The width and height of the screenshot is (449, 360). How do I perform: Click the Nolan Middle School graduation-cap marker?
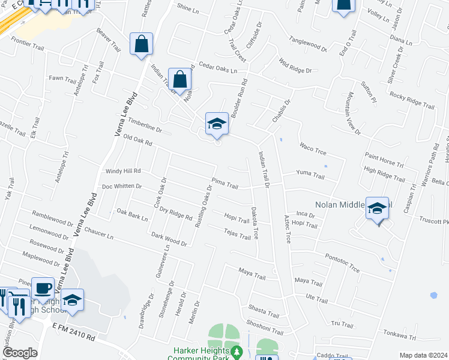[377, 208]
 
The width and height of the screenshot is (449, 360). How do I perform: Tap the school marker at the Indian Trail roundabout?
[217, 124]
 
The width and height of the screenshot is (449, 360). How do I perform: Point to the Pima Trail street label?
[224, 184]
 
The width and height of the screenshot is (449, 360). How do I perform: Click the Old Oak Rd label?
[137, 141]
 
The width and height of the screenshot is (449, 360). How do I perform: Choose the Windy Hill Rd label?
[122, 172]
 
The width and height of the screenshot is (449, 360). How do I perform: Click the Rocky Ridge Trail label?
[411, 100]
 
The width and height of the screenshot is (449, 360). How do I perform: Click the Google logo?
[20, 353]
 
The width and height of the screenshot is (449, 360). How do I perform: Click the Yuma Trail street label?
[310, 176]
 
